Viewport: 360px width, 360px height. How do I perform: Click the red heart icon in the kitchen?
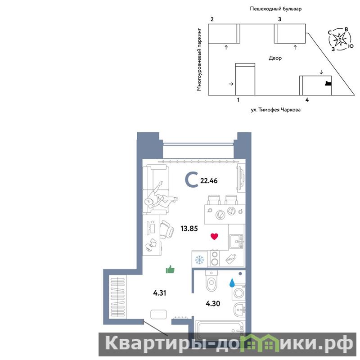(x=214, y=237)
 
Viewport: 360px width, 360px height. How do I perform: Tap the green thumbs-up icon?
(x=170, y=270)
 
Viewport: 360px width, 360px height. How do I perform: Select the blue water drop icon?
(x=232, y=283)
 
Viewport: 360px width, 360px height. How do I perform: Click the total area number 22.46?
(x=209, y=181)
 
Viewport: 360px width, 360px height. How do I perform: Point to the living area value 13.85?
(x=189, y=229)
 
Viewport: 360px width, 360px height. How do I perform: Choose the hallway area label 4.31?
(x=160, y=293)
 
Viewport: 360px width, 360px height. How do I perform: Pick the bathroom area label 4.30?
(x=213, y=303)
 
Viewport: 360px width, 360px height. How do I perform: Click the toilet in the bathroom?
(x=211, y=280)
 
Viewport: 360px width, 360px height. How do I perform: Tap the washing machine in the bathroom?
(x=238, y=292)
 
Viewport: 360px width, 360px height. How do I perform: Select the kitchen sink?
(x=237, y=241)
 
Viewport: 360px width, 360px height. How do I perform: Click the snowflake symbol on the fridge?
(x=199, y=260)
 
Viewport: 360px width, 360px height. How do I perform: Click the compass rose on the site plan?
(x=340, y=39)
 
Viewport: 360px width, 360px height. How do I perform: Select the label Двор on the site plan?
(x=275, y=58)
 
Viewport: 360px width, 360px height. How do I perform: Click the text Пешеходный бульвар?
(x=275, y=9)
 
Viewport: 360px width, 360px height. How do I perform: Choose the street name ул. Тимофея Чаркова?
(x=275, y=110)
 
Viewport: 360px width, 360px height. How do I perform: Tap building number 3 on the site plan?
(x=279, y=19)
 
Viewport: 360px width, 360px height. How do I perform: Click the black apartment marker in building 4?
(x=328, y=83)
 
